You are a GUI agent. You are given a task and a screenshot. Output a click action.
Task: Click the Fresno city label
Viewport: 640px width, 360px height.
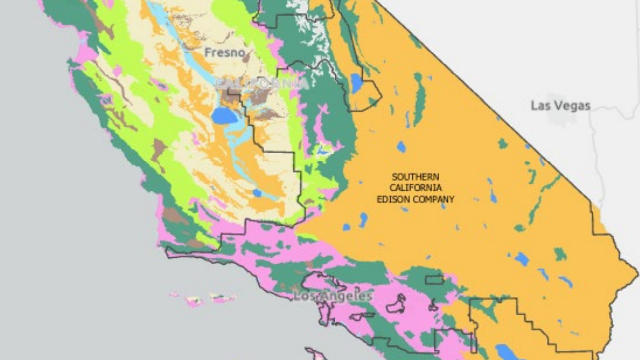coord(225,53)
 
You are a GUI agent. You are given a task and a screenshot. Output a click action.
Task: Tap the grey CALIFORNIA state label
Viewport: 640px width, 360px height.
coord(262,83)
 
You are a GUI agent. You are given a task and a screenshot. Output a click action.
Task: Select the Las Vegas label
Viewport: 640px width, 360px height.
coord(561,106)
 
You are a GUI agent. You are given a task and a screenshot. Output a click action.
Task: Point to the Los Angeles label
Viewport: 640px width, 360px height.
coord(333,296)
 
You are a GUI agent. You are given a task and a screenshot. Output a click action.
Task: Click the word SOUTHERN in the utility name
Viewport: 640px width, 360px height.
coord(415,176)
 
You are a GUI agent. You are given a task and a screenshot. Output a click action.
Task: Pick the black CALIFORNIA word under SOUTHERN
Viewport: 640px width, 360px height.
coord(415,188)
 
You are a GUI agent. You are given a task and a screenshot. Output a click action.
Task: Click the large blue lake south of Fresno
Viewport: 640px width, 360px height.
coord(223,115)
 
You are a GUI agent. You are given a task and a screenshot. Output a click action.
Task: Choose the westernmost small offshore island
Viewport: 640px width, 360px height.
coord(174,294)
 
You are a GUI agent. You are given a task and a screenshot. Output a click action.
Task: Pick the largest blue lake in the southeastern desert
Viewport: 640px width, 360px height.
coord(522,259)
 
